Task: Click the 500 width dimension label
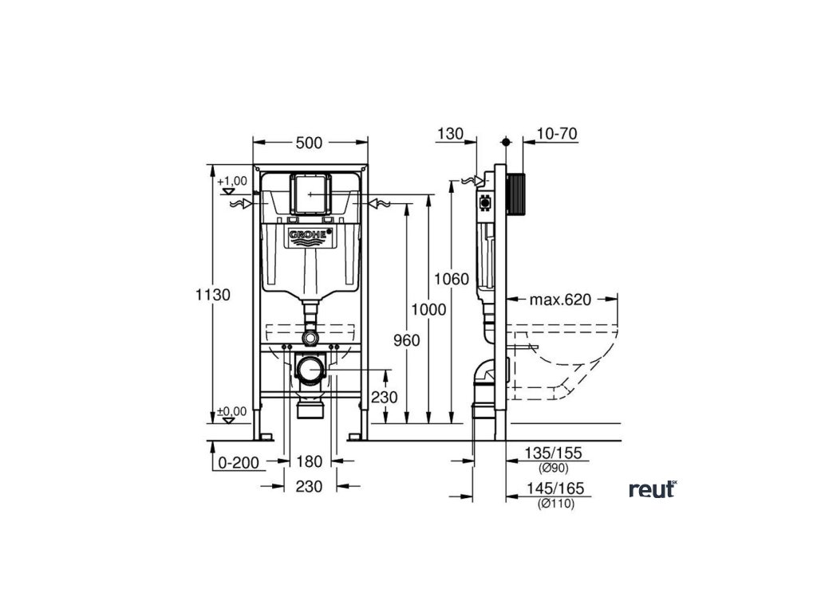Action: pyautogui.click(x=309, y=143)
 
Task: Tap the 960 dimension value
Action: pyautogui.click(x=406, y=339)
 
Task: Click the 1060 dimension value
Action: pyautogui.click(x=451, y=278)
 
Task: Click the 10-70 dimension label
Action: pyautogui.click(x=557, y=133)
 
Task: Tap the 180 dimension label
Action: pyautogui.click(x=309, y=461)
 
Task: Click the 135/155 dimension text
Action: pyautogui.click(x=553, y=453)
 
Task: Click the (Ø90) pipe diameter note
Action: pyautogui.click(x=553, y=468)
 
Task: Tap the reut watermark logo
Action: pyautogui.click(x=652, y=489)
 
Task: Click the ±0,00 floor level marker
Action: pyautogui.click(x=232, y=412)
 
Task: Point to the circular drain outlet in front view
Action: pyautogui.click(x=310, y=369)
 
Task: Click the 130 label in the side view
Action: pyautogui.click(x=450, y=133)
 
